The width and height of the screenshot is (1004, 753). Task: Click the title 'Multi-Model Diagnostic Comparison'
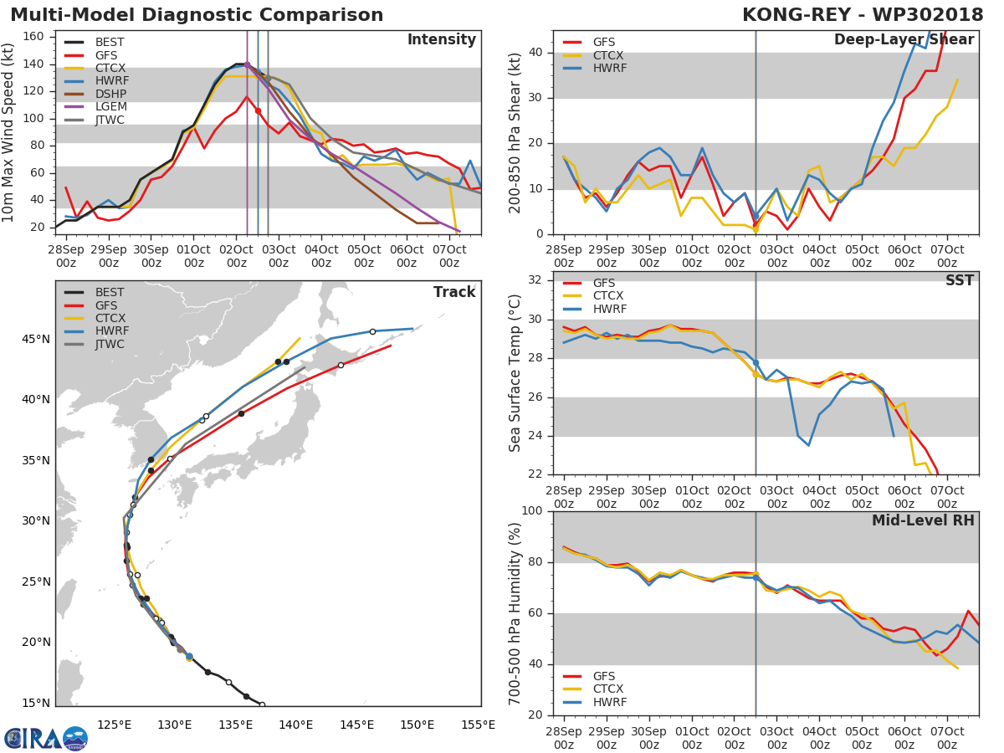[x=197, y=15]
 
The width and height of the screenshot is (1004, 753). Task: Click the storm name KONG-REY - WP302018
[x=863, y=15]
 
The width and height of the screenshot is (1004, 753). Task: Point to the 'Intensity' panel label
[x=441, y=40]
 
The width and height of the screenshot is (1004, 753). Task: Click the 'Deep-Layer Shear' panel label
[x=904, y=40]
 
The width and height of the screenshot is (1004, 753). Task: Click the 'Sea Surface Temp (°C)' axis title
[x=515, y=373]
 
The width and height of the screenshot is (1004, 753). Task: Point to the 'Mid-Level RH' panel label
[x=923, y=520]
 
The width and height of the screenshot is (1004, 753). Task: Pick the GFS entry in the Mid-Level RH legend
[x=609, y=676]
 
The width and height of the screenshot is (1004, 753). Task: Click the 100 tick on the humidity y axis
[x=534, y=511]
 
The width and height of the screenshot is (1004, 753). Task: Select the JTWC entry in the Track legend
[x=110, y=345]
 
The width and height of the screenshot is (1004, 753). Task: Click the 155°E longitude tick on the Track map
[x=478, y=725]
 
